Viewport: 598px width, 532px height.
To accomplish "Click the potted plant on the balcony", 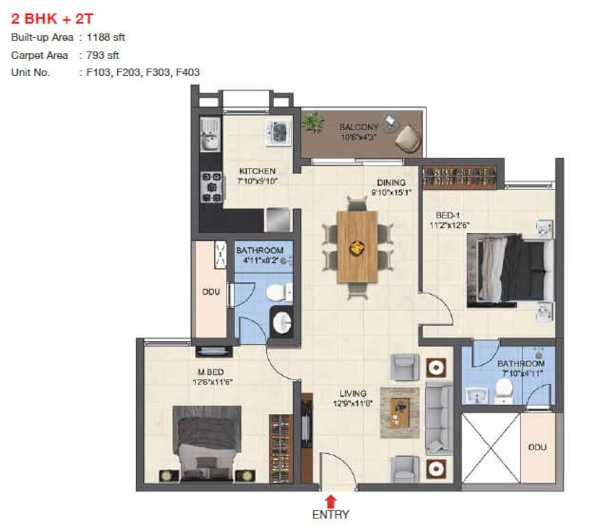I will [x=313, y=122].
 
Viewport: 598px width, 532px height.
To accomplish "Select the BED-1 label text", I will [x=448, y=216].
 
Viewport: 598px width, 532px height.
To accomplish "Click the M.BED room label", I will [x=211, y=372].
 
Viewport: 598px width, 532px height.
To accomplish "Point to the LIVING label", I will [x=353, y=393].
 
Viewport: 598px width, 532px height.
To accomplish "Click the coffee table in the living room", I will [x=400, y=413].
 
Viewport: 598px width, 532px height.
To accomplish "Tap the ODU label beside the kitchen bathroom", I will [x=211, y=292].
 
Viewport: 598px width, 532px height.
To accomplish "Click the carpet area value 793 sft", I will [x=102, y=55].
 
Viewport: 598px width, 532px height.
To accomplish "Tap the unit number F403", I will [x=188, y=72].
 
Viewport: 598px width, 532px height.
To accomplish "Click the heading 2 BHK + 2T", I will [x=52, y=19].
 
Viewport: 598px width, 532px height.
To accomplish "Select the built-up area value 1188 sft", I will [x=106, y=37].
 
